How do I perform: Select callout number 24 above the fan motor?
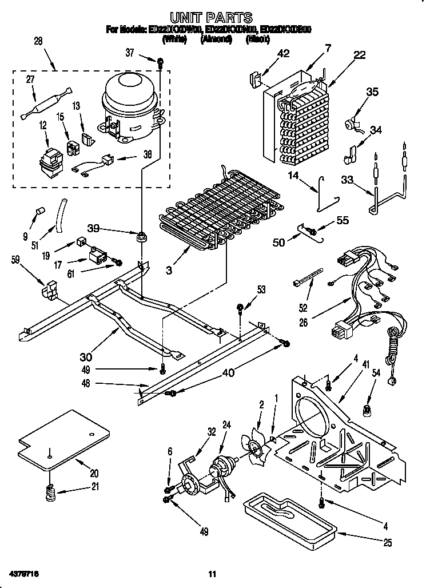point(226,426)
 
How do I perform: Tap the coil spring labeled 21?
point(50,491)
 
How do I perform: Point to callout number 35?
point(372,91)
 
